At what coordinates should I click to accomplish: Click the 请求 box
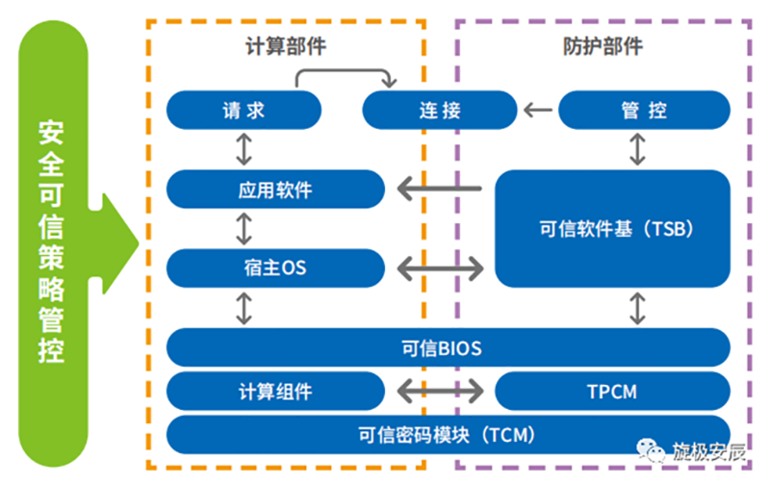pos(244,110)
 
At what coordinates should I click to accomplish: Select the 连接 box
pos(440,110)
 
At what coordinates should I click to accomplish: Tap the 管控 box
pos(644,110)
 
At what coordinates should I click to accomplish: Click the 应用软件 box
pos(275,189)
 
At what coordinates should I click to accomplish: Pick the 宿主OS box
pos(275,267)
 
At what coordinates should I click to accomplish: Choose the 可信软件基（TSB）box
pos(612,229)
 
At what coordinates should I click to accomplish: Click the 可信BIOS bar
pos(449,346)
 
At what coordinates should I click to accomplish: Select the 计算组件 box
pos(275,392)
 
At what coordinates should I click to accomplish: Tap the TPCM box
pos(612,392)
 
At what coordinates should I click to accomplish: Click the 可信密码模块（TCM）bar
pos(449,434)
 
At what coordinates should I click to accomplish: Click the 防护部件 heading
pos(603,45)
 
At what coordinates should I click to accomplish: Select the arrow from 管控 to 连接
pos(540,111)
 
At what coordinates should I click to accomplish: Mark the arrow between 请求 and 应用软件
pos(244,149)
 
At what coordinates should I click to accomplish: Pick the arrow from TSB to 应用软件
pos(441,189)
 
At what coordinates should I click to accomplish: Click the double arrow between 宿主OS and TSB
pos(441,267)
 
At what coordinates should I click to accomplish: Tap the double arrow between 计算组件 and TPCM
pos(441,392)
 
